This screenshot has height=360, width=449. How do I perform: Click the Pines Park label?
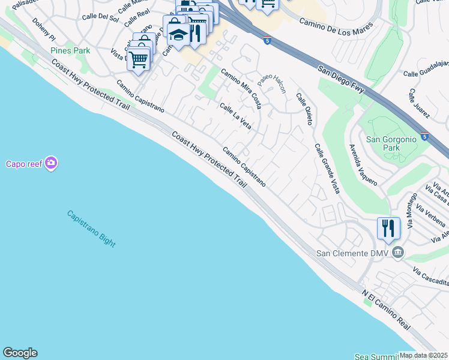point(70,50)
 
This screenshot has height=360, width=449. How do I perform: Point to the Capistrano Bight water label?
point(91,228)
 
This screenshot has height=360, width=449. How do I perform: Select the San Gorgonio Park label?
point(391,143)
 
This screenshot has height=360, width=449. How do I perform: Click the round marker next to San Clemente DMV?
point(397,253)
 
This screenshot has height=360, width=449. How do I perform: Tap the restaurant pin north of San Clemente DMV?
point(388,229)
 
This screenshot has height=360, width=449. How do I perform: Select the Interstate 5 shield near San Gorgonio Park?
point(424,136)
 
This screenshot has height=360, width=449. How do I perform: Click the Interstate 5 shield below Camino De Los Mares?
point(267,40)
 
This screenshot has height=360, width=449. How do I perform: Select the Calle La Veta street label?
point(235,116)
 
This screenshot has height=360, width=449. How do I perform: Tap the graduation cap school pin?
point(177,35)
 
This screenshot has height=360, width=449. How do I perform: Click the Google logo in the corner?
point(20,353)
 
